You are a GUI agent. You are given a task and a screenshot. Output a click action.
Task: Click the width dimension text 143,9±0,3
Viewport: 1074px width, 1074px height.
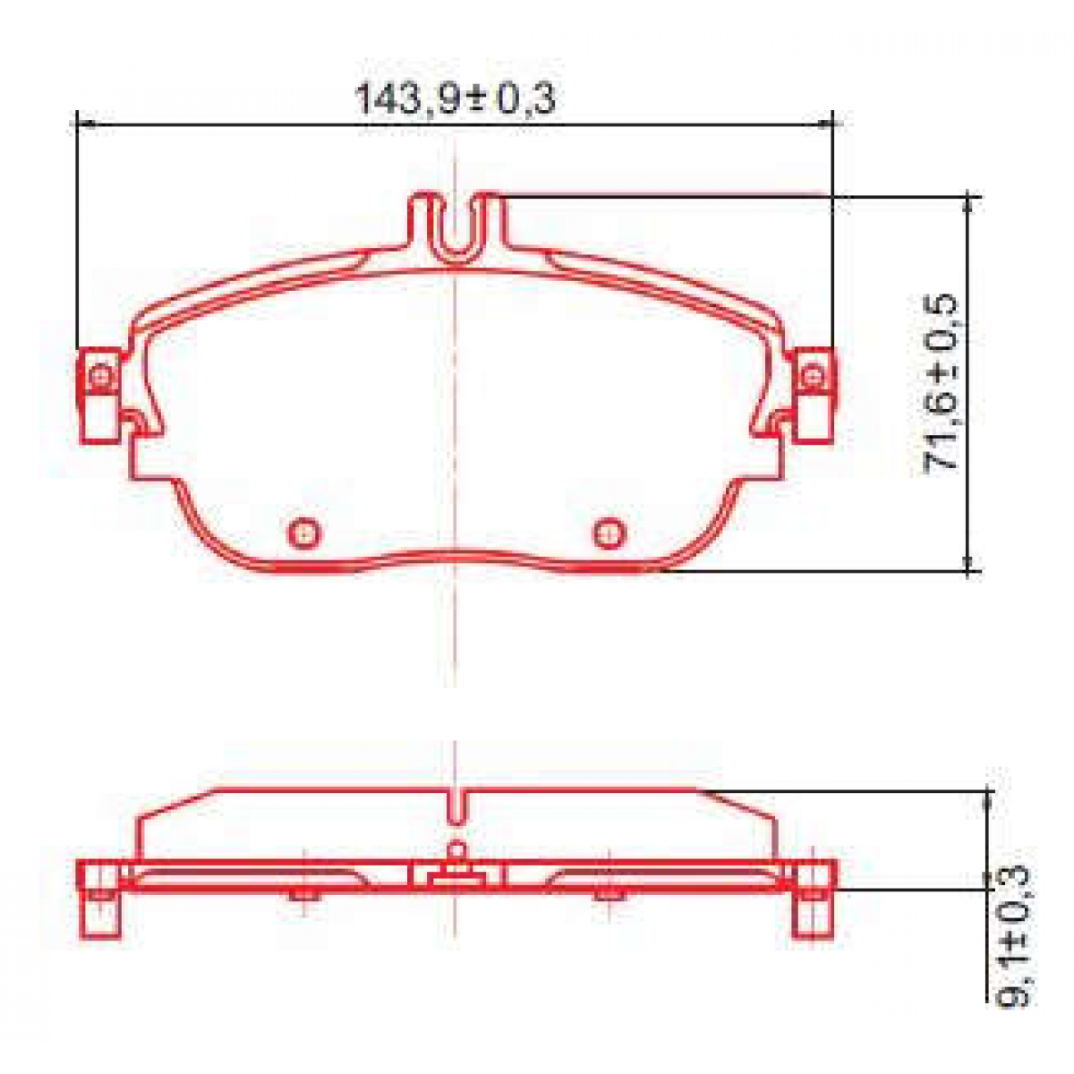coord(456,98)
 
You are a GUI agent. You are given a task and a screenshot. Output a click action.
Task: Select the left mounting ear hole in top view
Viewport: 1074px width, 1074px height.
coord(102,376)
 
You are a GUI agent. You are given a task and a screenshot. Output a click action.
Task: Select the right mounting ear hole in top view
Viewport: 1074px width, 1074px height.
coord(811,376)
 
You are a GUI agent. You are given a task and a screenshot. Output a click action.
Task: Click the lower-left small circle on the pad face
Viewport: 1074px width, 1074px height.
coord(304,533)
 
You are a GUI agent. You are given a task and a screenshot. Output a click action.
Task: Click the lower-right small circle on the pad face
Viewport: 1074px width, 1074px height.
coord(609,533)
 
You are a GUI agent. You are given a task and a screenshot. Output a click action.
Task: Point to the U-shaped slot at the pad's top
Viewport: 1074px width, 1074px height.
coord(456,228)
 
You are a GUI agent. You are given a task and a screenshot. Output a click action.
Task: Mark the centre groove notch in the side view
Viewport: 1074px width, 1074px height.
coord(456,805)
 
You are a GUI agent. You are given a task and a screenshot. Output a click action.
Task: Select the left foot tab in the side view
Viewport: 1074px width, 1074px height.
coord(100,913)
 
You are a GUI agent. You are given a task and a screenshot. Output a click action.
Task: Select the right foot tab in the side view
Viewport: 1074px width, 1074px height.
coord(813,913)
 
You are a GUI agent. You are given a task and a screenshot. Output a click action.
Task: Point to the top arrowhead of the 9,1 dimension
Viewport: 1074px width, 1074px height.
coord(989,798)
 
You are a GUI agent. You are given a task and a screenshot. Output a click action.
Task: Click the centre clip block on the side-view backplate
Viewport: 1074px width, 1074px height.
coord(456,874)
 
